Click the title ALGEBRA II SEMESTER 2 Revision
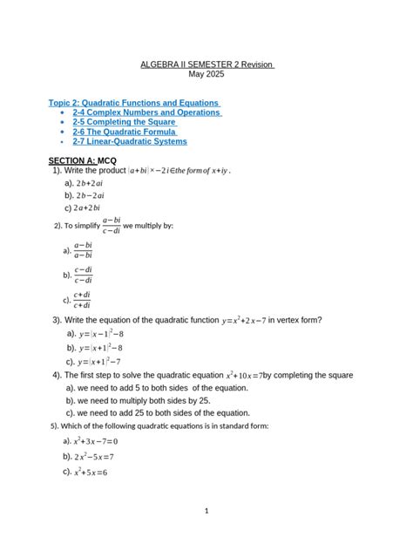[x=206, y=65]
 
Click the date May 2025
[x=206, y=75]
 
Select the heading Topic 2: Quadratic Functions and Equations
[x=133, y=103]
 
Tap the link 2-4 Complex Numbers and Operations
[x=146, y=112]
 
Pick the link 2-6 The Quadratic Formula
[x=125, y=132]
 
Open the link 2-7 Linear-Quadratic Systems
[x=129, y=141]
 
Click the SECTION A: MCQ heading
[x=82, y=162]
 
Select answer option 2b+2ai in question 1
[x=90, y=184]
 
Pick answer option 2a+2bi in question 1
[x=88, y=208]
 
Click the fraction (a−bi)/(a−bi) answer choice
[x=83, y=250]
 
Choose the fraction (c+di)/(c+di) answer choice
[x=83, y=300]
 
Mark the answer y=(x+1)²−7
[x=98, y=361]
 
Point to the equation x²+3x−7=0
[x=95, y=441]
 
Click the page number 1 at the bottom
[x=206, y=511]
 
